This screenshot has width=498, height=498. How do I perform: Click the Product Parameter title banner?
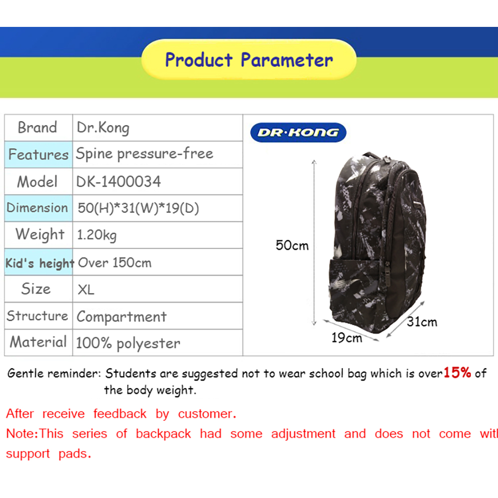click(249, 59)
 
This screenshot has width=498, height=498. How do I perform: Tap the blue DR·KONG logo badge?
click(298, 132)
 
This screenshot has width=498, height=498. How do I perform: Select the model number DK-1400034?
click(119, 182)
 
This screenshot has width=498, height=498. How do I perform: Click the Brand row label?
click(37, 127)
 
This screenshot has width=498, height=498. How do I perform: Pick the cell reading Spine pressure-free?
click(144, 154)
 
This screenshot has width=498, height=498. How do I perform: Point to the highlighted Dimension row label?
click(37, 208)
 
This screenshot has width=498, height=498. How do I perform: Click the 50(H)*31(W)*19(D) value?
click(138, 208)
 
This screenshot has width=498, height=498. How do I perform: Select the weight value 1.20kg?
click(97, 236)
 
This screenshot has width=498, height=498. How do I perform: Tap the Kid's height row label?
click(39, 263)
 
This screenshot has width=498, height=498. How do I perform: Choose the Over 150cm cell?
click(115, 262)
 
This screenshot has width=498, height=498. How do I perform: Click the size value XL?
click(86, 290)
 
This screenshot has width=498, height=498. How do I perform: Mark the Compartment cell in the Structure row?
click(122, 317)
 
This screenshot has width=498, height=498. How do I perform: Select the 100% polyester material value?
click(128, 344)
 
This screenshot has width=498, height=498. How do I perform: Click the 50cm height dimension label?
click(292, 246)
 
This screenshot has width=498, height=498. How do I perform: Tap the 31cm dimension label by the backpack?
click(422, 322)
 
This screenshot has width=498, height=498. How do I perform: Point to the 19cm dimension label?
click(347, 338)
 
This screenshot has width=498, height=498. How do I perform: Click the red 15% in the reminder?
click(457, 373)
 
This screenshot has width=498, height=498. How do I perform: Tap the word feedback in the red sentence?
click(120, 414)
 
